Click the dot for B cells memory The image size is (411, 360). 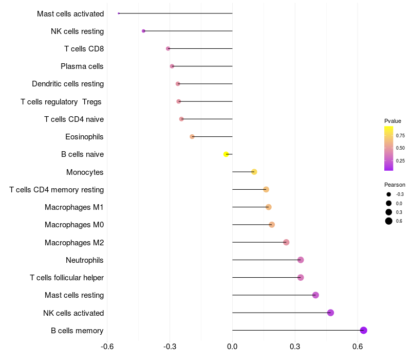coord(364,330)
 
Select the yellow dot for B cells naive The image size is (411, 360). coord(226,154)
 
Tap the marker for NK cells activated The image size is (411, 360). coord(330,313)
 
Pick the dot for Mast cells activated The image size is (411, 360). coord(119,13)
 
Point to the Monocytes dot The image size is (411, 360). coord(254,172)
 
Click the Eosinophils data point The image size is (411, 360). coord(192,137)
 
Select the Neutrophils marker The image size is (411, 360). coord(301,260)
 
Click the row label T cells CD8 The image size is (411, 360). coord(84,49)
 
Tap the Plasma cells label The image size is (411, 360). coord(82,66)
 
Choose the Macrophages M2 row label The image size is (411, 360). coord(74,242)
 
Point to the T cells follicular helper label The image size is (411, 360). coord(67,278)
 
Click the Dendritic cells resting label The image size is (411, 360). coord(68,84)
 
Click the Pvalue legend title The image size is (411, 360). coord(393,121)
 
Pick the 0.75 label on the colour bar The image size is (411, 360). coord(400,136)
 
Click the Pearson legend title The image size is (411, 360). coord(395,185)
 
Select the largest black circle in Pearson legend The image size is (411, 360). coord(389,221)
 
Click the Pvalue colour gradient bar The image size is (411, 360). coord(389,148)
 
